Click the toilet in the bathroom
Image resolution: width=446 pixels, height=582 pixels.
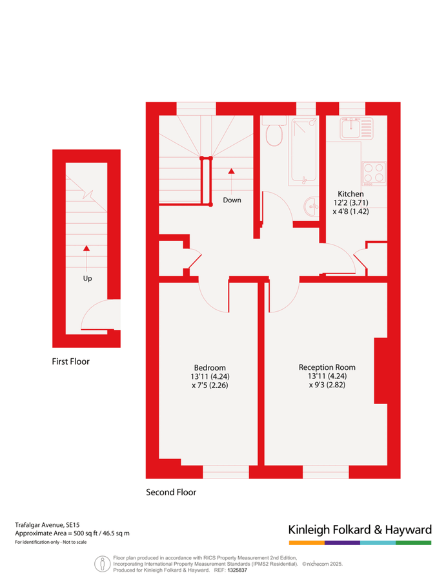coord(275,134)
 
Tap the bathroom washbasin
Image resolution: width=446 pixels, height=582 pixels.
coord(310,206)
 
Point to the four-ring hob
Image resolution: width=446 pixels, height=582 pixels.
coord(374,173)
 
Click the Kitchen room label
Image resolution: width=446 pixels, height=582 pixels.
coord(351,193)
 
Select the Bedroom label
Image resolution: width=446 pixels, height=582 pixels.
coord(210,367)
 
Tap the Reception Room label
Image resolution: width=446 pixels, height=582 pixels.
coord(327,367)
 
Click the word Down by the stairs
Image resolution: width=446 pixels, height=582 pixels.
coord(232,200)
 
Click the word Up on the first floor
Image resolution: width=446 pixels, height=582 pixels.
coord(87,279)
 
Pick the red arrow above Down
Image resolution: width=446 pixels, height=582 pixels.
coord(232,171)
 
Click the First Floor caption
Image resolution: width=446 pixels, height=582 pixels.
coord(71,361)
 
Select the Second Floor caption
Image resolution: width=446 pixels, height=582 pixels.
coord(171,492)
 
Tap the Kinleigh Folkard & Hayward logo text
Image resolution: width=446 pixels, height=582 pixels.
coord(360,530)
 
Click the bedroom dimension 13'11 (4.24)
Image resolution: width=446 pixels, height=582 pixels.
coord(210,376)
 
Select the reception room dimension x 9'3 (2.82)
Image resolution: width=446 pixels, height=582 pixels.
coord(327,385)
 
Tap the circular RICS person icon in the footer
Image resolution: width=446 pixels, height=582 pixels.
coord(101,563)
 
